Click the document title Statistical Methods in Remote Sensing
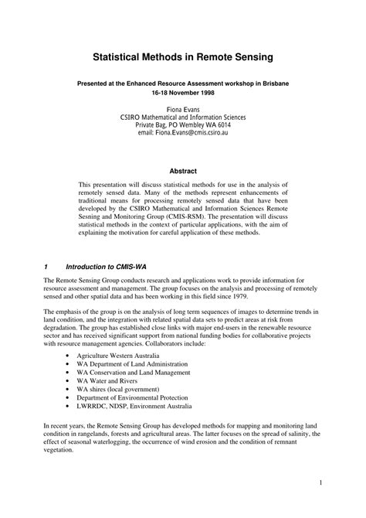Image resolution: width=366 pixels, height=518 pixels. click(182, 57)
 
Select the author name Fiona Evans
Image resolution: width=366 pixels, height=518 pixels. click(183, 110)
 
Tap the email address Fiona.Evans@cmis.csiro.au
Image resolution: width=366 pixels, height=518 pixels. click(182, 133)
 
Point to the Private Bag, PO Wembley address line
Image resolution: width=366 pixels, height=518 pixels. click(182, 125)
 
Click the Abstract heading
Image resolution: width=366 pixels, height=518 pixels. click(183, 171)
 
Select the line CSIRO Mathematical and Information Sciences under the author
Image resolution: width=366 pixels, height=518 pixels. click(182, 118)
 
